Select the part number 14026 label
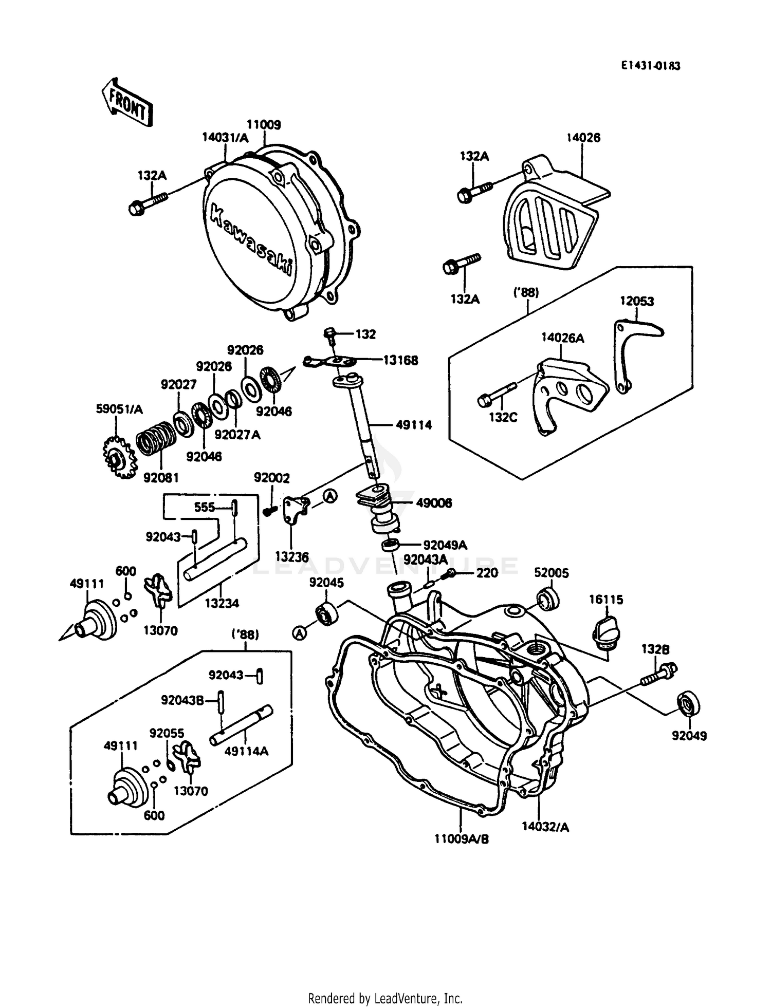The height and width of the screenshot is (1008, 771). pos(583,138)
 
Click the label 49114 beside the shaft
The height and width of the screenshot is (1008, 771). pos(413,425)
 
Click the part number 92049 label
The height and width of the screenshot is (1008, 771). pos(689,736)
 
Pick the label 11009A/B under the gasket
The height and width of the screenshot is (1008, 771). pos(461,839)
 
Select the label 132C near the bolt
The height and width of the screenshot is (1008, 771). pos(502,417)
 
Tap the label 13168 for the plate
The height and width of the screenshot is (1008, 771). pos(400,360)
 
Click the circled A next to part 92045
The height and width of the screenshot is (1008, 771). pos(299,634)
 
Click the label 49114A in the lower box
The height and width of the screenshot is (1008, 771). pos(246,751)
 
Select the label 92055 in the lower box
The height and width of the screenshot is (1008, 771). pos(167,733)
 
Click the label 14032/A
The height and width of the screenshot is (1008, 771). pos(545,827)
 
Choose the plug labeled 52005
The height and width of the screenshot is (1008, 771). pos(548,600)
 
